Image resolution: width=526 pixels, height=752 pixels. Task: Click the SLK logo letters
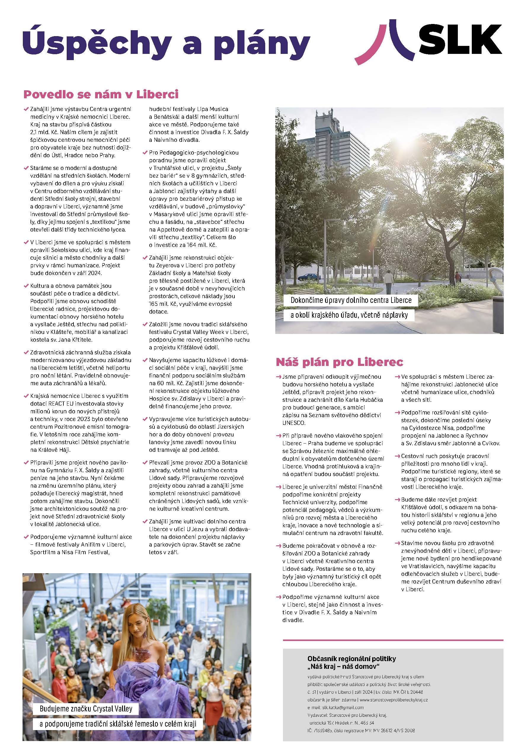[461, 39]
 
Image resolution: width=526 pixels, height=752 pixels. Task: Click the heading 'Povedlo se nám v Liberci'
[101, 94]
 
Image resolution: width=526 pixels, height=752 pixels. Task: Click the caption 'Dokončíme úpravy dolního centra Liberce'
[351, 300]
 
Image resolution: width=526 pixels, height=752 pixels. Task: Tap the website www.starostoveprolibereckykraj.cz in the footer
[394, 700]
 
